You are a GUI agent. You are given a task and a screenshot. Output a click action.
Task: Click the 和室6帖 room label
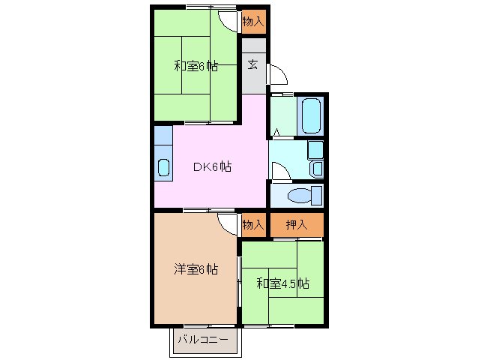tap(196, 66)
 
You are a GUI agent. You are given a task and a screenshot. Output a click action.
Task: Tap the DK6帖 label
tap(212, 167)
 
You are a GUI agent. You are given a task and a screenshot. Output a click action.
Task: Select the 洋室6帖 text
tap(196, 268)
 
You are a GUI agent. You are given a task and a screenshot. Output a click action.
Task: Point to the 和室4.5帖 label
tap(282, 283)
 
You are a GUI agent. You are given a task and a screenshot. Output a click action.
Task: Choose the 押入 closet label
tap(297, 224)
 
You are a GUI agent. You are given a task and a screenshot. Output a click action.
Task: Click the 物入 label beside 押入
tap(253, 224)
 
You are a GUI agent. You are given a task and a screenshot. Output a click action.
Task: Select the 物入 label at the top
tap(253, 22)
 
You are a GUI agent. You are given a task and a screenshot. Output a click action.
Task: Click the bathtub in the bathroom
tap(312, 114)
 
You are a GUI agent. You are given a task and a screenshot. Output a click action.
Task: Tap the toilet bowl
tap(299, 196)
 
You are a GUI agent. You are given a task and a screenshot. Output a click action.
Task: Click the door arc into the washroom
tap(278, 172)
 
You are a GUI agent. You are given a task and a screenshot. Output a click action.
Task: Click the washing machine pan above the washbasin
tap(315, 148)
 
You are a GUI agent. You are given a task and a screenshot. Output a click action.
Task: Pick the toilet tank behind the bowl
tap(317, 196)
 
